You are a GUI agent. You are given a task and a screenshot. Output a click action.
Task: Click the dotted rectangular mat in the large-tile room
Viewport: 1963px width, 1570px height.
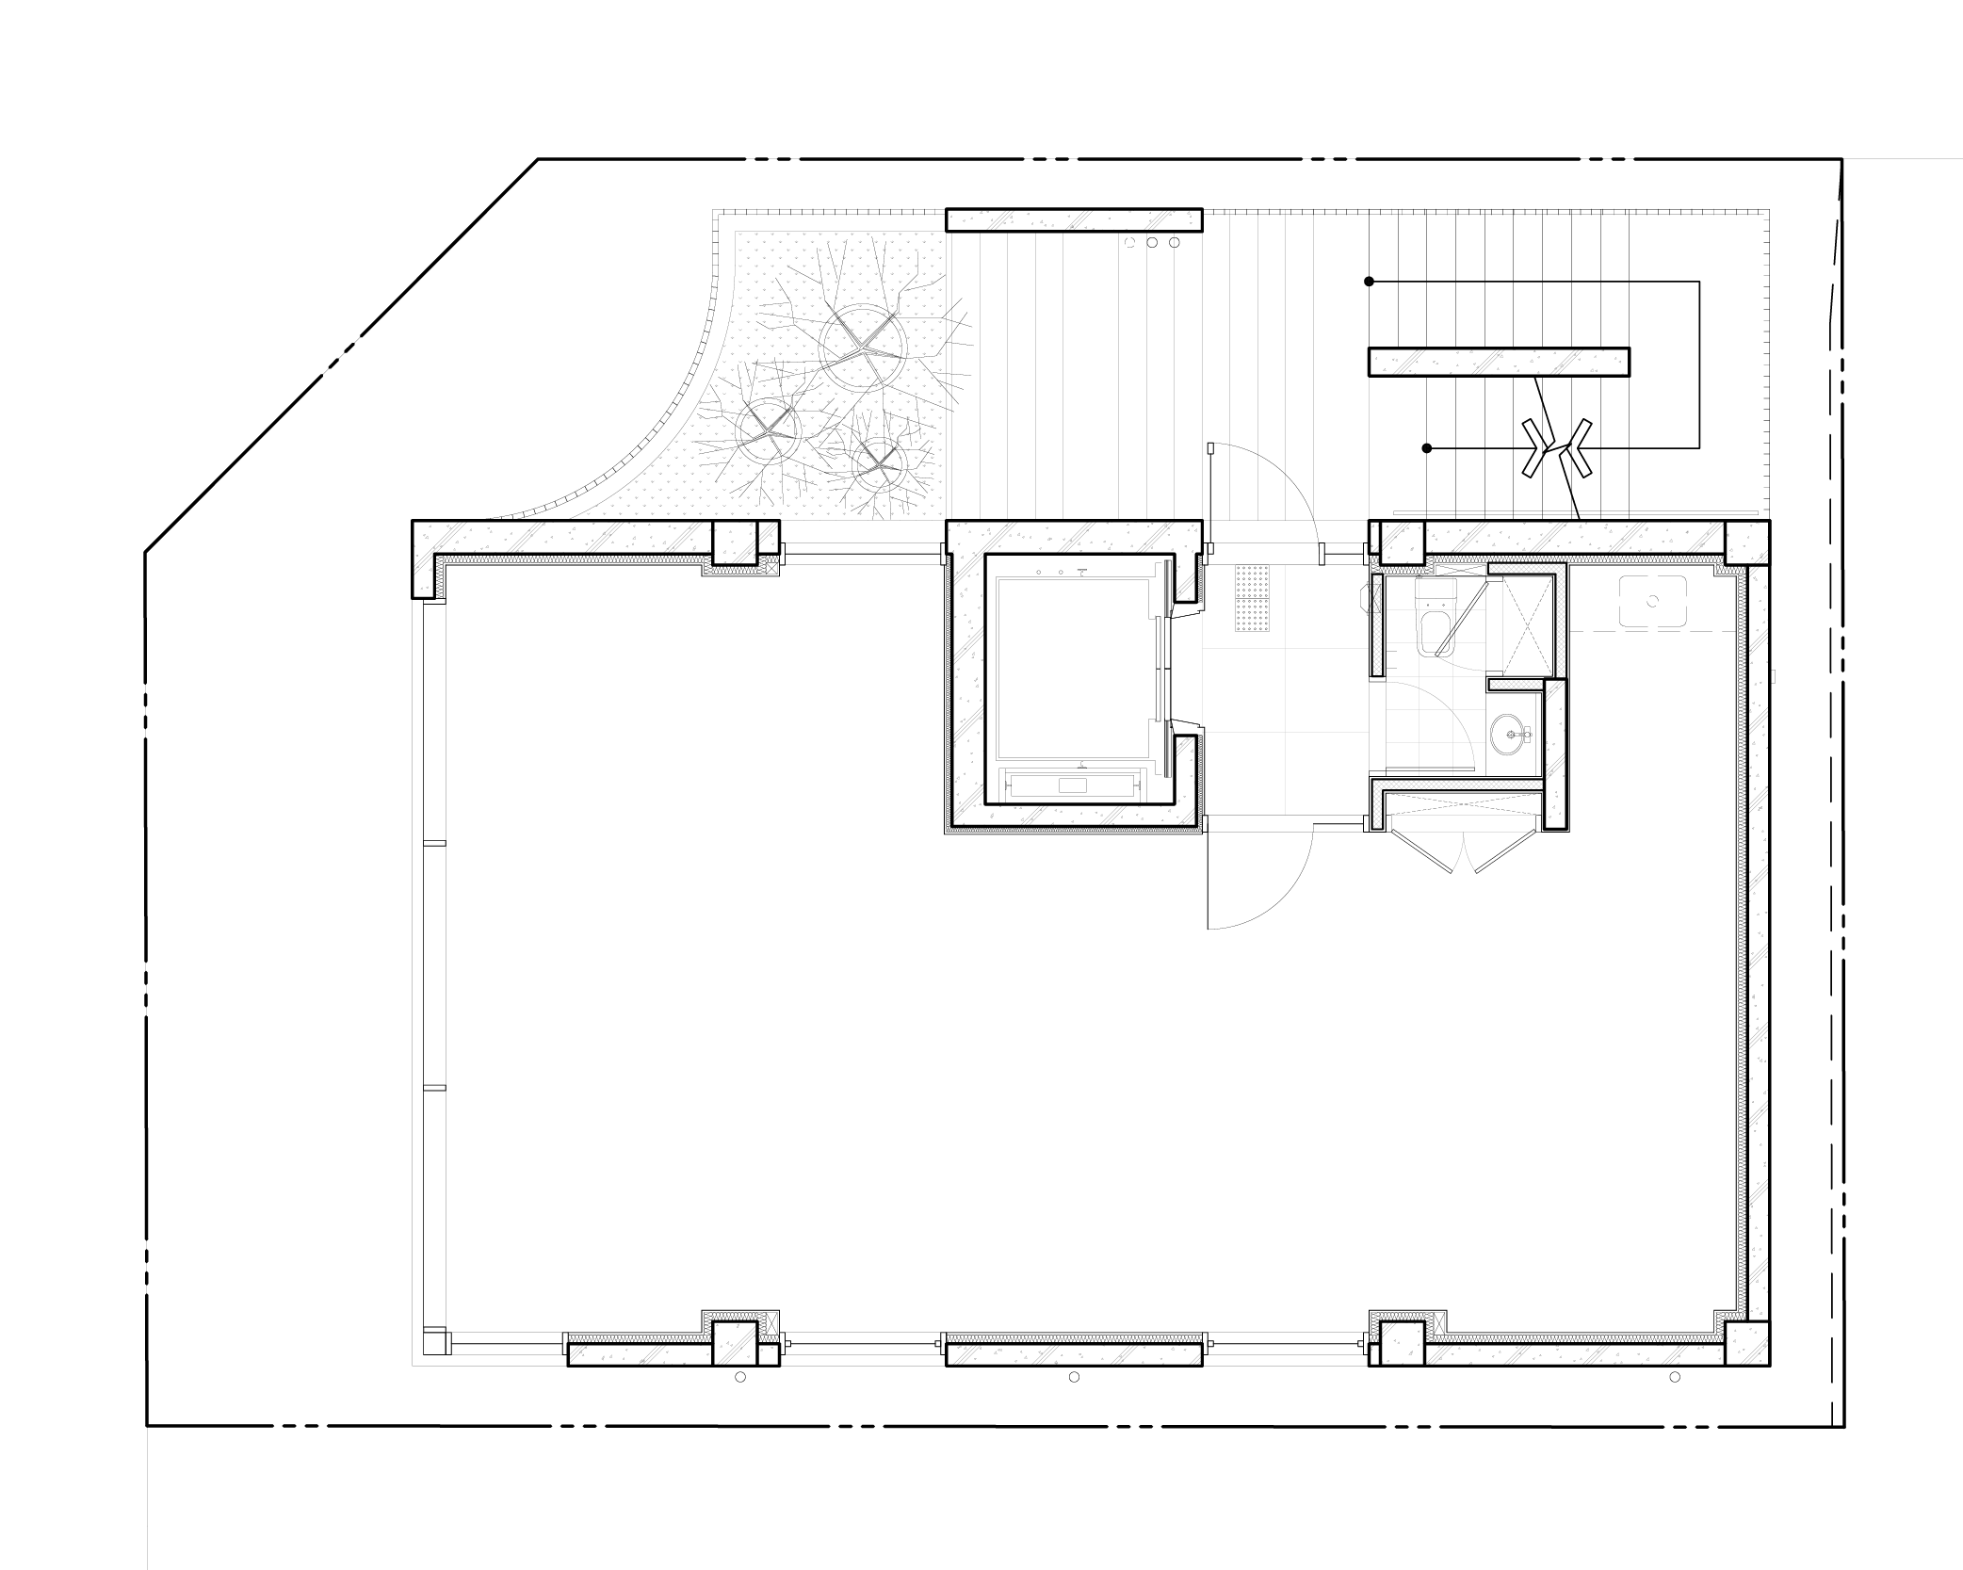pos(1254,598)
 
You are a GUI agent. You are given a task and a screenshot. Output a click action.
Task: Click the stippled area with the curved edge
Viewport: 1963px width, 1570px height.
pos(829,396)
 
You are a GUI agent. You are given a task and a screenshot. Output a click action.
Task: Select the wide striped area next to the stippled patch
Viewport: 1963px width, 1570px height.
pos(1074,377)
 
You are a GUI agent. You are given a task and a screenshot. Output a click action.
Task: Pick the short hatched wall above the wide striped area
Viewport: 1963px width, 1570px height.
pos(1074,220)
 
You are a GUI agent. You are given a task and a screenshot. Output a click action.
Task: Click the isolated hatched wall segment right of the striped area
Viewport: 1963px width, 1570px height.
pos(1498,363)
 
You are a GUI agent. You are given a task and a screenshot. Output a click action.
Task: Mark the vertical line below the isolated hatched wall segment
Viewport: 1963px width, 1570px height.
pos(1426,443)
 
